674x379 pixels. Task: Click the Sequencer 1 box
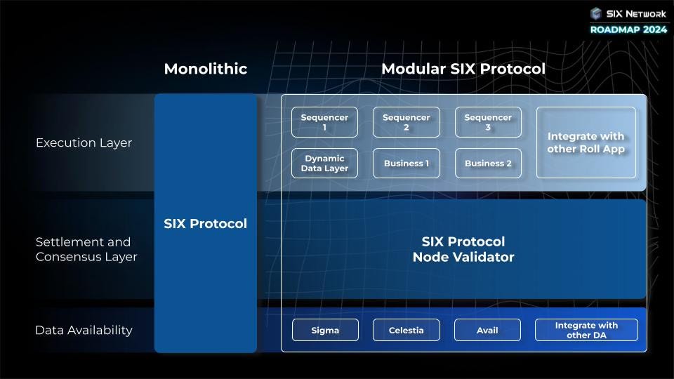click(324, 122)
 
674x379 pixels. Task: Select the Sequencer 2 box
click(407, 122)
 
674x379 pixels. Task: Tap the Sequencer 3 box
click(488, 122)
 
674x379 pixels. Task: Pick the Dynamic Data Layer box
click(324, 163)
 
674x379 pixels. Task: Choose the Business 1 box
click(407, 163)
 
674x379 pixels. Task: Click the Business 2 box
click(488, 163)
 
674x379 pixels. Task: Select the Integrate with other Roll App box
click(586, 142)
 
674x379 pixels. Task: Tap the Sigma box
click(324, 330)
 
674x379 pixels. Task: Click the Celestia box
click(407, 330)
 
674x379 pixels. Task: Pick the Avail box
click(488, 330)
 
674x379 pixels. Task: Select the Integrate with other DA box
click(586, 330)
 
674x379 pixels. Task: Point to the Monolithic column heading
click(206, 69)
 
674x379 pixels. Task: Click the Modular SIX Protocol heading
click(463, 69)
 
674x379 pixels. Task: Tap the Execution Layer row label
click(84, 142)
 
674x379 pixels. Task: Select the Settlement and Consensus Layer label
click(86, 249)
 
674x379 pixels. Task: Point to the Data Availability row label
click(84, 330)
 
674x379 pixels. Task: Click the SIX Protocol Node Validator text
click(463, 249)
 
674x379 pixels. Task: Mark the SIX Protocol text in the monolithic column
click(206, 224)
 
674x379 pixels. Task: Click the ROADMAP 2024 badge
click(628, 29)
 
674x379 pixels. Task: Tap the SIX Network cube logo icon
click(596, 13)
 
